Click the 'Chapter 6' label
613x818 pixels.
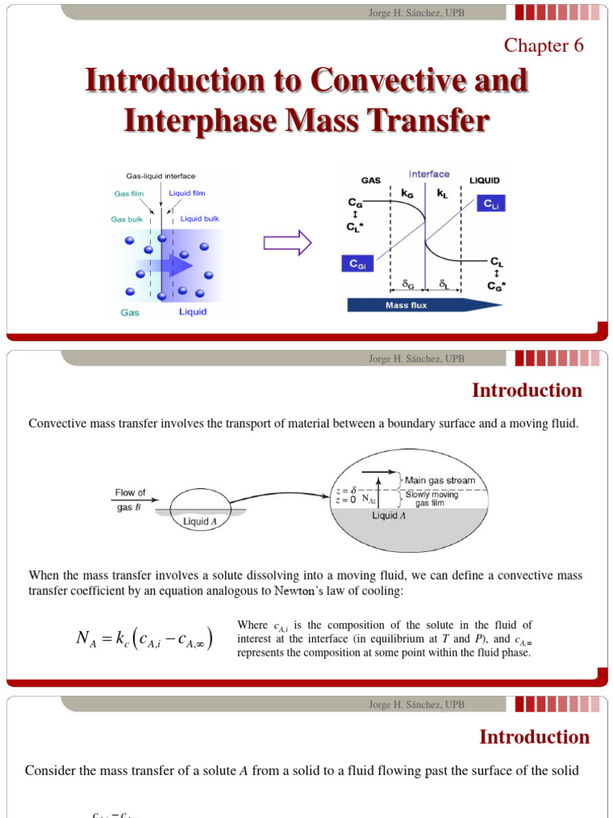pos(544,46)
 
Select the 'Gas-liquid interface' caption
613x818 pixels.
pos(160,176)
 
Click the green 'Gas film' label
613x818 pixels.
pos(129,193)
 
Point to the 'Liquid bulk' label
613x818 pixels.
pos(200,218)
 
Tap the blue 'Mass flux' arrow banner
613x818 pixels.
pos(419,304)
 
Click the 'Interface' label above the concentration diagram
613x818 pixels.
pos(429,173)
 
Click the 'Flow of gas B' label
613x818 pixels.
pos(130,498)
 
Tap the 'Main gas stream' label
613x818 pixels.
pos(440,480)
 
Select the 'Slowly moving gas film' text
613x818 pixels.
pos(432,498)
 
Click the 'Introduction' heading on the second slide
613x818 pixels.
pos(527,391)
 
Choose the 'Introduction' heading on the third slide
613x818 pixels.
pos(534,737)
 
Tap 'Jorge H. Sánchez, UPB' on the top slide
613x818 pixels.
pos(416,12)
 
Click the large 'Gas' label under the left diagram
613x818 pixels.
pos(129,312)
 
